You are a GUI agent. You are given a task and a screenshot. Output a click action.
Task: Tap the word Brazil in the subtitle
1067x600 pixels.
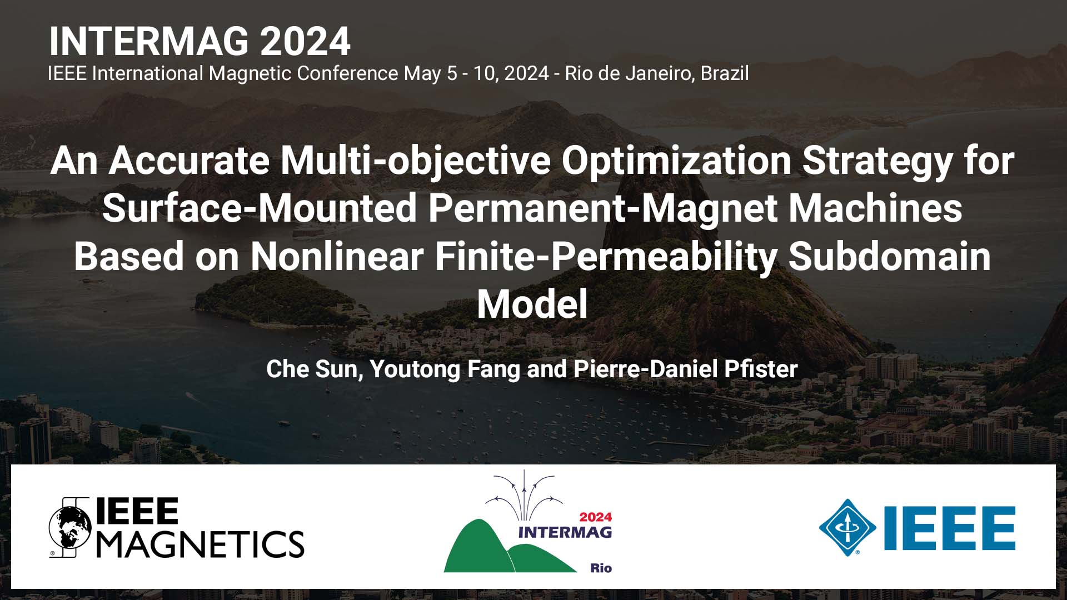click(x=725, y=73)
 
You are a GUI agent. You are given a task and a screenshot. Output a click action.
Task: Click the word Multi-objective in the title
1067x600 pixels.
click(x=415, y=161)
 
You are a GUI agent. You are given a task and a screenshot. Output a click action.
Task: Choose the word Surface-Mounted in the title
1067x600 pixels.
click(x=260, y=208)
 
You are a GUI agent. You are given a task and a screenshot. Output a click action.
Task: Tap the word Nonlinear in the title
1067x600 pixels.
click(x=337, y=257)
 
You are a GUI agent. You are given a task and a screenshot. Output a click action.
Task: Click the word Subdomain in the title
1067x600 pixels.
click(x=889, y=257)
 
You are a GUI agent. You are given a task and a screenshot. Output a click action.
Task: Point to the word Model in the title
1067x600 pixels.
click(x=532, y=304)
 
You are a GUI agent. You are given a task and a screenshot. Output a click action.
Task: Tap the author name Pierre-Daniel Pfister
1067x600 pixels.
click(x=686, y=369)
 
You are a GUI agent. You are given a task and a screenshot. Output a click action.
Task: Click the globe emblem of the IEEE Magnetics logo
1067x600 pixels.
click(x=70, y=527)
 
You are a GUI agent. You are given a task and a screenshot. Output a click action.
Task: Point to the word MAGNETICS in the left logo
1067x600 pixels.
click(x=201, y=544)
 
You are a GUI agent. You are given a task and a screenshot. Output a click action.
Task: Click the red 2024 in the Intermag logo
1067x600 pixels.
click(x=595, y=517)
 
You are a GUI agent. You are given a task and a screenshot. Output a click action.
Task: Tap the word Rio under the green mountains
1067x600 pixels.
click(x=601, y=568)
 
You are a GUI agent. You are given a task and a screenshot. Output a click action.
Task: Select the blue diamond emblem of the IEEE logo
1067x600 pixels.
click(x=847, y=527)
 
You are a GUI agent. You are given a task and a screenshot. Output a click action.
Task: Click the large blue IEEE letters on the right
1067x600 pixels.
click(x=950, y=528)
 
